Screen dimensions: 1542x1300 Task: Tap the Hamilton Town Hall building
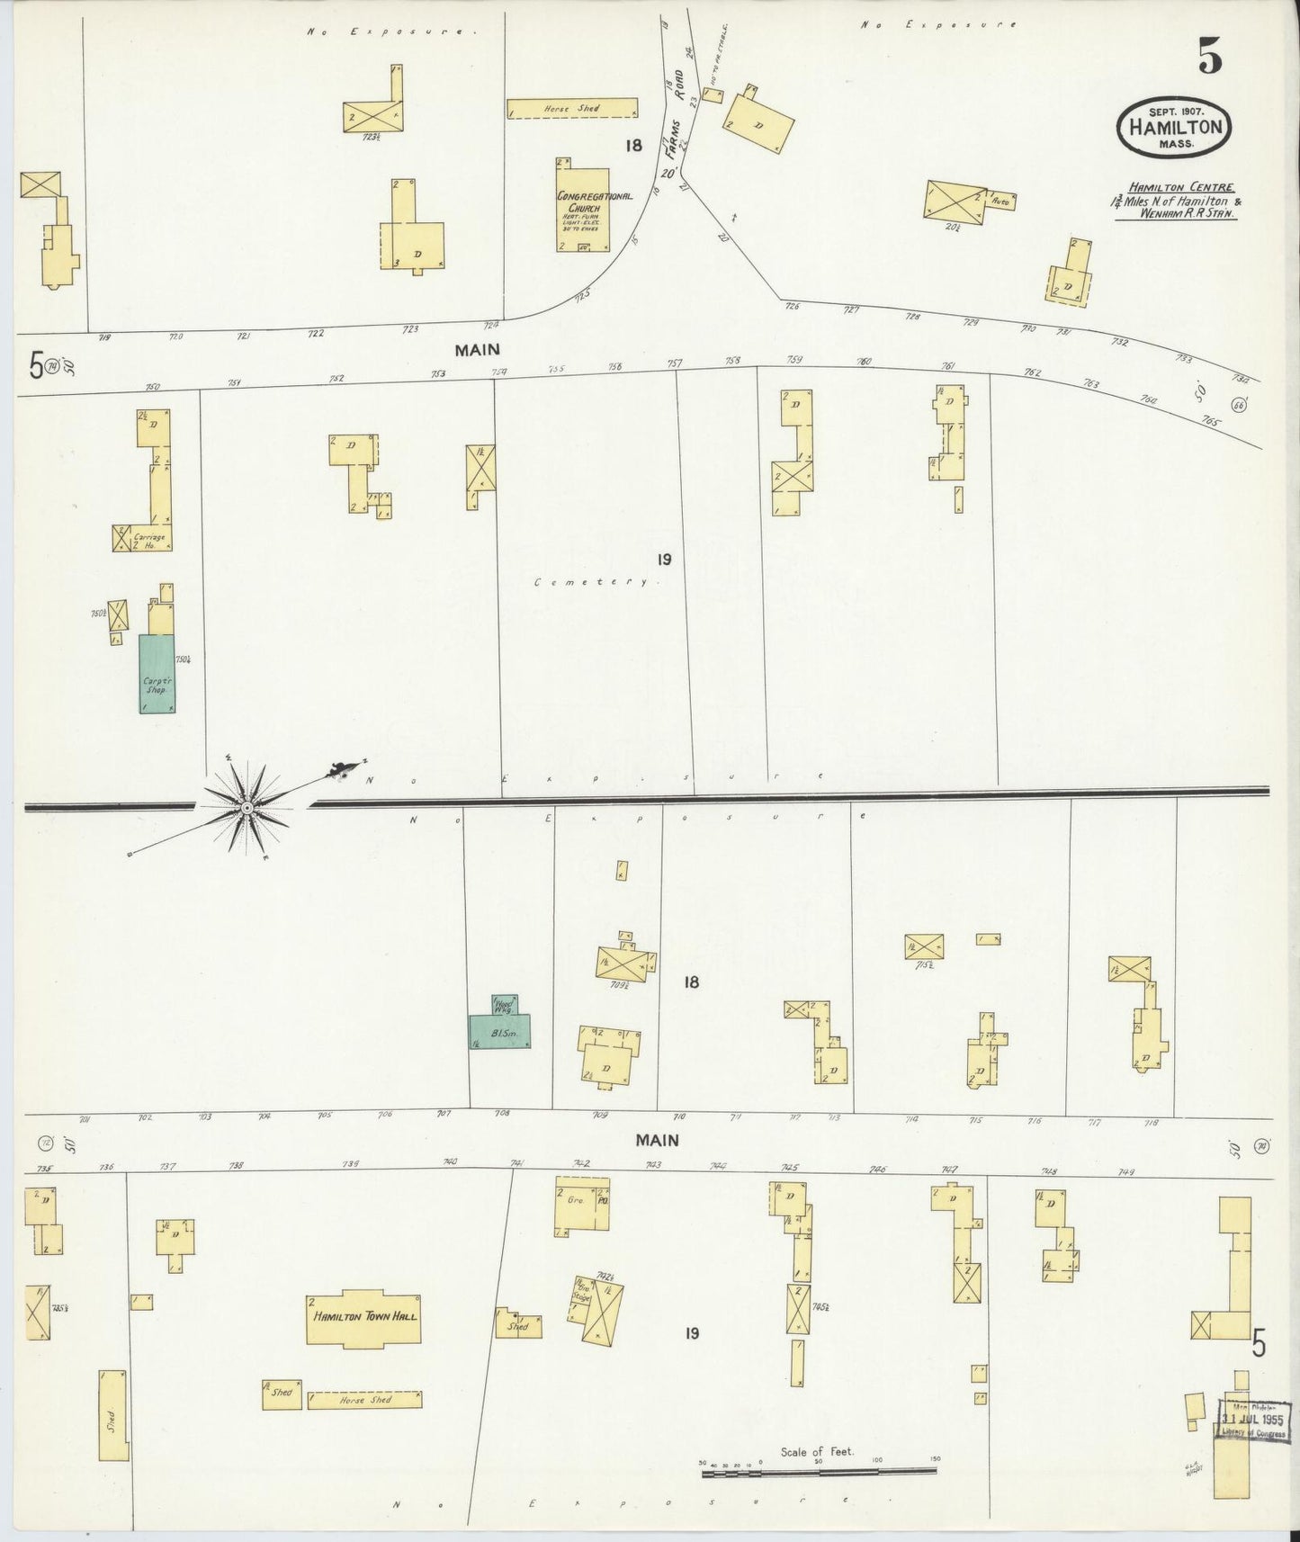coord(364,1315)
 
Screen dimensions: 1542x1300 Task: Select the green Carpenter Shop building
coord(157,674)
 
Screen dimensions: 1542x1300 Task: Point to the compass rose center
coord(246,808)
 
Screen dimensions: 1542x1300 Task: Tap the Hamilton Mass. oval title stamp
coord(1174,128)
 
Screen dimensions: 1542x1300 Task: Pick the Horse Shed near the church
coord(572,109)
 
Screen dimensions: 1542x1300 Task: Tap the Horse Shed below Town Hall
coord(364,1425)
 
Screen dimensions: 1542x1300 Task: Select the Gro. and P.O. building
coord(582,1205)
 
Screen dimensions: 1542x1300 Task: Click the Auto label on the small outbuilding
coord(1000,202)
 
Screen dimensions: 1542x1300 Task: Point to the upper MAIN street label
coord(477,349)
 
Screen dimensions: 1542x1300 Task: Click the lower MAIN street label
coord(657,1141)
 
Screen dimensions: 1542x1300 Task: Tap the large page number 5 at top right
coord(1208,58)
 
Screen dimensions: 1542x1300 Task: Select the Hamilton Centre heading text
coord(1171,187)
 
